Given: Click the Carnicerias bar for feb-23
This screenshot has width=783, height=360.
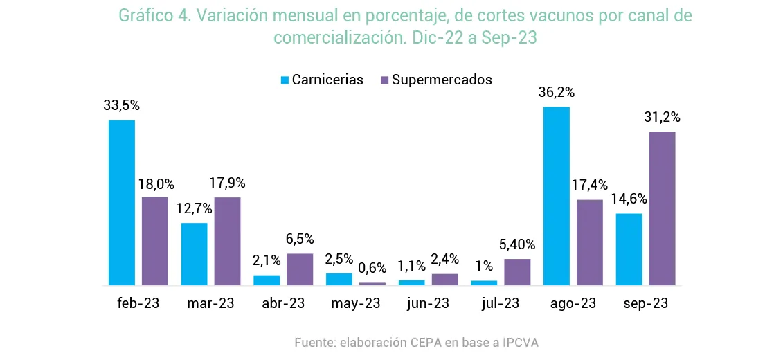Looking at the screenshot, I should click(121, 202).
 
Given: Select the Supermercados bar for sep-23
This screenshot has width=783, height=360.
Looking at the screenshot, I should click(663, 208).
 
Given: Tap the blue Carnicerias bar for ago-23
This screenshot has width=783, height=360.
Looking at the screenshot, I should click(557, 196).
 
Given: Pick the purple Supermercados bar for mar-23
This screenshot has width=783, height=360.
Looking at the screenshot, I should click(228, 241).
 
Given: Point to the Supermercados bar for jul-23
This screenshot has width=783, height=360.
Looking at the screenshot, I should click(517, 271).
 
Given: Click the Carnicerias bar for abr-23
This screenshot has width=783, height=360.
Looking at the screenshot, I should click(267, 280).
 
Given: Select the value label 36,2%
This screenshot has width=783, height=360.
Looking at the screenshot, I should click(557, 93).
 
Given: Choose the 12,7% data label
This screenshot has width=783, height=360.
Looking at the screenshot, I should click(195, 208).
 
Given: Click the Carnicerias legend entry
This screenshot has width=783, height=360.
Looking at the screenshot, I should click(321, 80).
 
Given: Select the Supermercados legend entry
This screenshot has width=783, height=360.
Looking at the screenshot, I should click(436, 80).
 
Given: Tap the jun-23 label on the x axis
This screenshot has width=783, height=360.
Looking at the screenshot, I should click(429, 303).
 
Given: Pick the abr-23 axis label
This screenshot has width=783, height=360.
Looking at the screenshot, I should click(284, 303).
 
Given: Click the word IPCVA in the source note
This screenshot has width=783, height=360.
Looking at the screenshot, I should click(520, 343).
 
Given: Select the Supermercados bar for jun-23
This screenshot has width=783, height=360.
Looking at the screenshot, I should click(445, 279).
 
